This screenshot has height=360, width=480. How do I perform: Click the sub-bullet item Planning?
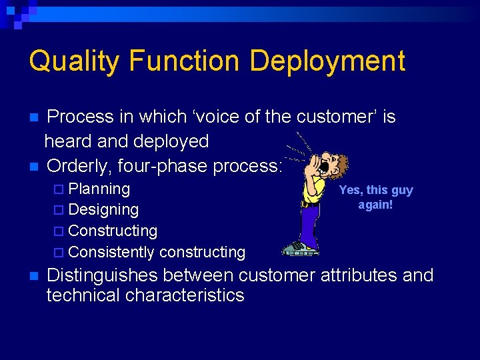click(99, 189)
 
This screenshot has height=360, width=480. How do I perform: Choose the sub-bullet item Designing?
click(103, 209)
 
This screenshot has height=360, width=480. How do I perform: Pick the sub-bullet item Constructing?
click(113, 231)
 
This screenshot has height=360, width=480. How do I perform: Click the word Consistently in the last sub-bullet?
click(111, 252)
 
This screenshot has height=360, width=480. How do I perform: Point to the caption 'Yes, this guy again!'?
click(375, 197)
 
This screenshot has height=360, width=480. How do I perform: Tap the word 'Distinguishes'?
click(102, 275)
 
